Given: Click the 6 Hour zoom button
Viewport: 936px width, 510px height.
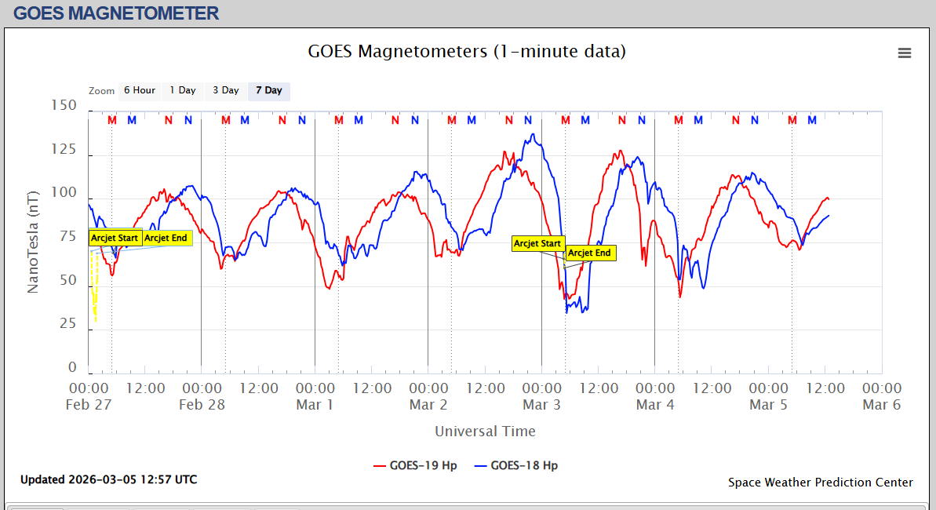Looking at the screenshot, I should [x=139, y=90].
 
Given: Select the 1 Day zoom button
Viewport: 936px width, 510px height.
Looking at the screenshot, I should [x=183, y=90].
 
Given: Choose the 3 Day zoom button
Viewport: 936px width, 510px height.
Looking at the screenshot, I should [x=226, y=90].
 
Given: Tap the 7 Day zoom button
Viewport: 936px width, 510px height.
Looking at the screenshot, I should [x=269, y=90].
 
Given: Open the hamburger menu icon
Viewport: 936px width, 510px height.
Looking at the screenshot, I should [x=905, y=53].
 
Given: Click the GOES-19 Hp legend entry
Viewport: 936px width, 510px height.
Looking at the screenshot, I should [x=415, y=465].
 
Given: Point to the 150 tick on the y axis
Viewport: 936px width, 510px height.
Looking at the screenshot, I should [x=64, y=105].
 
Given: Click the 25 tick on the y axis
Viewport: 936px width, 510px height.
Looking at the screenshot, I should [x=68, y=324].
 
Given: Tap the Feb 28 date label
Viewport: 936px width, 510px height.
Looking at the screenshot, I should [x=202, y=405].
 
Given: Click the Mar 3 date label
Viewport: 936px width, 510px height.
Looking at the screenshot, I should [x=541, y=405].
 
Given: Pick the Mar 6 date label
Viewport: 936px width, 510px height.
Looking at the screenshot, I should [x=881, y=405].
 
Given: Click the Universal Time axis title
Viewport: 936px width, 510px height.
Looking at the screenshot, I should [x=485, y=431].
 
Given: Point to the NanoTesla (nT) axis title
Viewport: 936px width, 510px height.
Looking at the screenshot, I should [x=33, y=242].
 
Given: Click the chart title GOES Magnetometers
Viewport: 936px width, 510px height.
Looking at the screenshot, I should [x=467, y=52].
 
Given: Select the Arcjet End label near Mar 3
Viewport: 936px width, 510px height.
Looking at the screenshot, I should [x=589, y=253].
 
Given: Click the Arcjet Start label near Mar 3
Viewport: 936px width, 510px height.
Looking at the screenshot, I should [x=537, y=243].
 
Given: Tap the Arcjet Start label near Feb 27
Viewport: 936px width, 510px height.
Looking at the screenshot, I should [x=115, y=238].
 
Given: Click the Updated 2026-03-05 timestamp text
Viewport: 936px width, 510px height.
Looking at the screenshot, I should [x=109, y=479].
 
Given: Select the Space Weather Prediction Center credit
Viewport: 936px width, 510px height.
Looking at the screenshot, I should [x=820, y=483].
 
